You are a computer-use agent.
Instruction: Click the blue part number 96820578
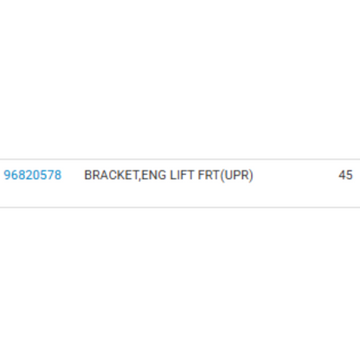[33, 175]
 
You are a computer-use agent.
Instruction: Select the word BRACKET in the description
[111, 175]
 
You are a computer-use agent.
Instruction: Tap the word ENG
[154, 175]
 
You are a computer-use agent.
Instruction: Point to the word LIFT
[182, 175]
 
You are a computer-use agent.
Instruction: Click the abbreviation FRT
[209, 175]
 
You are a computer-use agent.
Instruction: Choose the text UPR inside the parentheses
[236, 175]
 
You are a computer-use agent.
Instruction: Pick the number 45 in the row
[345, 175]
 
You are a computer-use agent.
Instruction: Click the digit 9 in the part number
[7, 175]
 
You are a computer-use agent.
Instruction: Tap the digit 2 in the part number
[29, 175]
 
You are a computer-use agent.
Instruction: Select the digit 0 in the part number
[36, 175]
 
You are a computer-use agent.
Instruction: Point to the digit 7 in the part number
[51, 175]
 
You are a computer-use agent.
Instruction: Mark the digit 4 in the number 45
[342, 175]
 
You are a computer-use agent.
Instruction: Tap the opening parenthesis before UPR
[222, 176]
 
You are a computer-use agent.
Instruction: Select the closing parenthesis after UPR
[251, 176]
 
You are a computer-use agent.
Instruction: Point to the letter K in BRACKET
[119, 175]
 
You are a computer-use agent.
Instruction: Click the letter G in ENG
[162, 175]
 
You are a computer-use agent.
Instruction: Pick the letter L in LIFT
[173, 175]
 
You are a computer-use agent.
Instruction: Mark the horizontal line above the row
[180, 159]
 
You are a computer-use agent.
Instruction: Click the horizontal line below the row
[180, 207]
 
